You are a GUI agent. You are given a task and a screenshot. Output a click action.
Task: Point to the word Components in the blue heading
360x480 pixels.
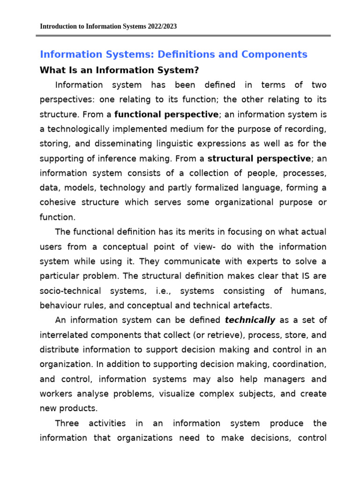pyautogui.click(x=274, y=54)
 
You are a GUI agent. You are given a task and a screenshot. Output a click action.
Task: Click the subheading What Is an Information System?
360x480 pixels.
pyautogui.click(x=120, y=70)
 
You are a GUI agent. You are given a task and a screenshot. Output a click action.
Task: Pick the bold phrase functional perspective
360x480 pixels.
pyautogui.click(x=166, y=114)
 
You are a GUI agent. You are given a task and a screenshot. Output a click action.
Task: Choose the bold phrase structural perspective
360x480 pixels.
pyautogui.click(x=259, y=158)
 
